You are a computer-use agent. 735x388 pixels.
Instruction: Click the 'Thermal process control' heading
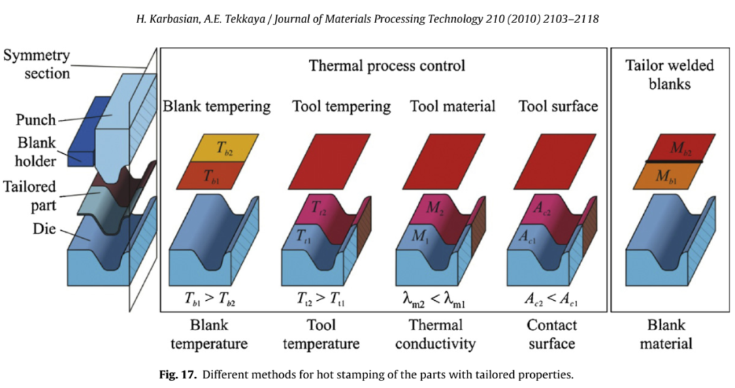387,66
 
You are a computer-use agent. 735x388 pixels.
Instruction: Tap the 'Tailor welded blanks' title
669,74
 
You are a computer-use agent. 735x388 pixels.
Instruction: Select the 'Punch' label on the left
35,120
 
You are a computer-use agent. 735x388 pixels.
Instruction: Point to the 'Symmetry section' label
37,63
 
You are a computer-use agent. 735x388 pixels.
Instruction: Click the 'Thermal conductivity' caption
436,334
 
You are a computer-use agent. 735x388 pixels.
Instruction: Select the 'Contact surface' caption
552,334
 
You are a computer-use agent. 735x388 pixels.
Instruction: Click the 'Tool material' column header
453,106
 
